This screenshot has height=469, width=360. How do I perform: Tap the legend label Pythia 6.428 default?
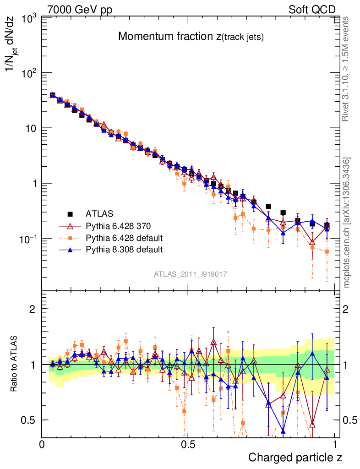[124, 238]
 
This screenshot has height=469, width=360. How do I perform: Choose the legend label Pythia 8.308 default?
[124, 250]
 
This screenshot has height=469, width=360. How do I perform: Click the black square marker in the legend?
[71, 213]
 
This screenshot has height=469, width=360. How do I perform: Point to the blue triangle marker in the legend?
[71, 250]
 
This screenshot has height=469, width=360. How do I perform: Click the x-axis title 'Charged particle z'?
[295, 457]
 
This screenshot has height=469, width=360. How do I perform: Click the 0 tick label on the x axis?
[42, 444]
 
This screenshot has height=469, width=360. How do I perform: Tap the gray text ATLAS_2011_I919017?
[191, 274]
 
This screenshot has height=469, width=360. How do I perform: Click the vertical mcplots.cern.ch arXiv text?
[347, 223]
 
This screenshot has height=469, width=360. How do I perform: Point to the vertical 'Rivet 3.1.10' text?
[347, 69]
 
